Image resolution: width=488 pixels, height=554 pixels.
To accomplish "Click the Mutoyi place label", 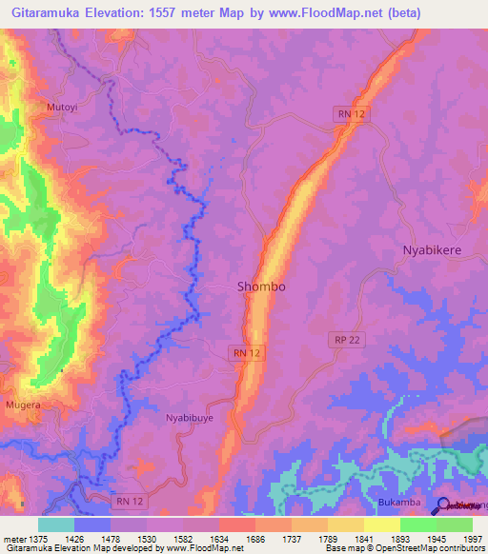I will pos(63,109).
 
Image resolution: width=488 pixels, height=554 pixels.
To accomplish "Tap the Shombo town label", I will pos(260,286).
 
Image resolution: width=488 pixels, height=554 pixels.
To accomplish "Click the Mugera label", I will pos(24,405).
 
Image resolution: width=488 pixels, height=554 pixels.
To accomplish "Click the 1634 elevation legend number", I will pos(219,538).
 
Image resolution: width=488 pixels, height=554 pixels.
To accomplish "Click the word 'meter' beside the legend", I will pos(14,538).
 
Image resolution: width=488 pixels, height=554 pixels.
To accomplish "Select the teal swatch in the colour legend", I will pos(56,524).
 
